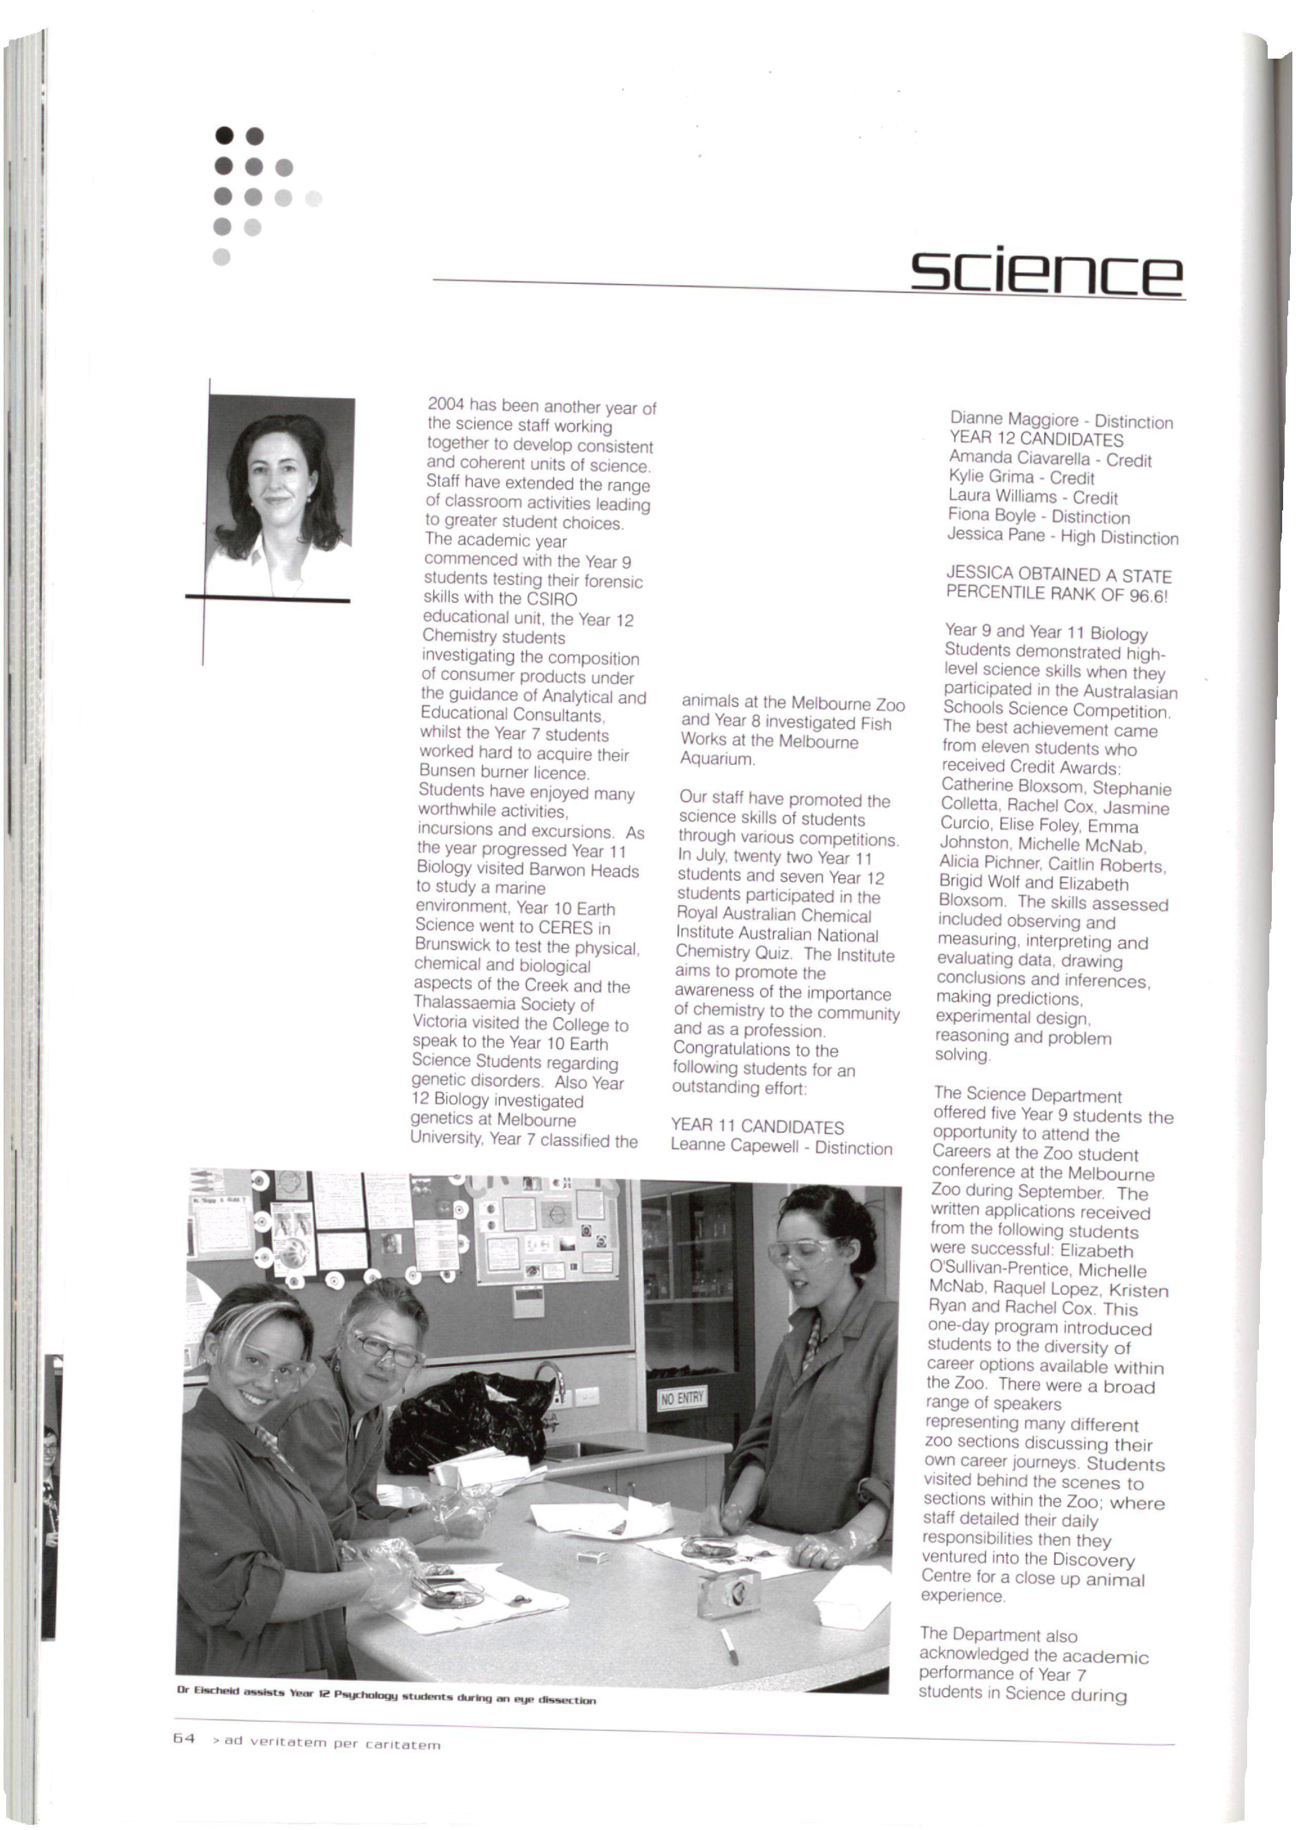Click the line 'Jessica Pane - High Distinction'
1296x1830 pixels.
(1062, 536)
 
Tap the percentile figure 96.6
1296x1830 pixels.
(1147, 595)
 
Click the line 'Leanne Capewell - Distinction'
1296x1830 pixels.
(782, 1147)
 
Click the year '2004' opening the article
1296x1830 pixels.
(446, 404)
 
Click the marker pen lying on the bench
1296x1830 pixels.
(729, 1645)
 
